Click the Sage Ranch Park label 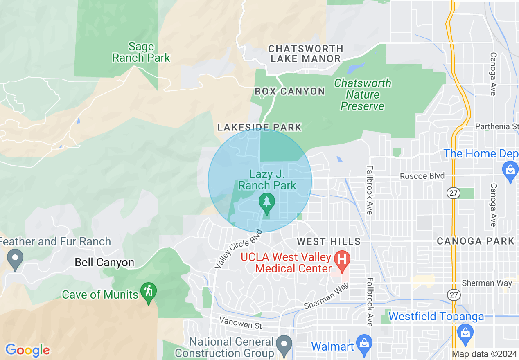point(141,52)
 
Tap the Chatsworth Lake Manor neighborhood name point(306,54)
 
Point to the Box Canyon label point(290,91)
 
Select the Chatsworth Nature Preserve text point(363,94)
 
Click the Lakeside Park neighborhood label point(259,127)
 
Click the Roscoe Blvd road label point(422,176)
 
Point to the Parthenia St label point(497,126)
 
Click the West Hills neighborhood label point(329,241)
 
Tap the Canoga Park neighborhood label point(475,241)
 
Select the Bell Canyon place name point(104,262)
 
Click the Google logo point(27,350)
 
